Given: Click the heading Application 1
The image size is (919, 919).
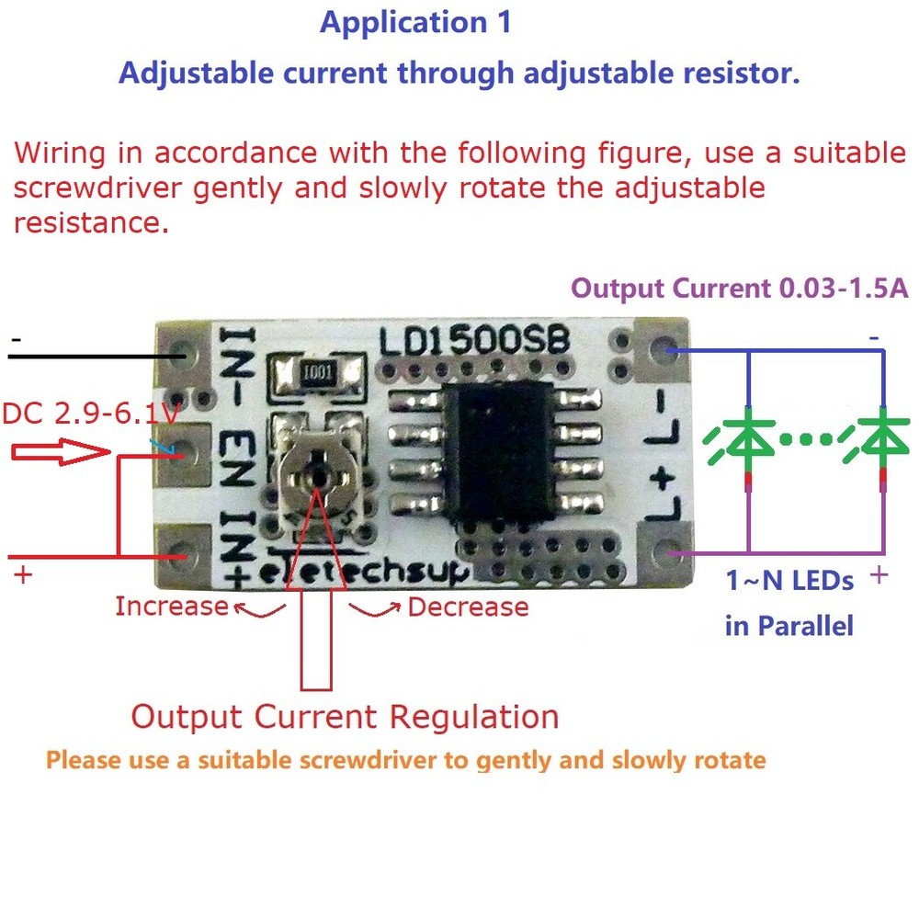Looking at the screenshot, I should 415,23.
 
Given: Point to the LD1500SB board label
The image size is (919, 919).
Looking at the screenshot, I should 474,342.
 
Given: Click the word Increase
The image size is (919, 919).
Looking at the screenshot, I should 172,607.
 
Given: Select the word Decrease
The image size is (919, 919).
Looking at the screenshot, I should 468,607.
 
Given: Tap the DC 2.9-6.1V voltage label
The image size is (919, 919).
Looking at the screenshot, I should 89,414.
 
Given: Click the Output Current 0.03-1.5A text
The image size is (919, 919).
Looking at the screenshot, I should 740,289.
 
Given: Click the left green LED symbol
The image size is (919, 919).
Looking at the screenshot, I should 750,439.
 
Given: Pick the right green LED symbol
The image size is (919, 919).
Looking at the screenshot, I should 881,439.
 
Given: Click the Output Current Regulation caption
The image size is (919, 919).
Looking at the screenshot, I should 345,717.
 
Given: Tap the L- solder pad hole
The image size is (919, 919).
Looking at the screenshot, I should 664,351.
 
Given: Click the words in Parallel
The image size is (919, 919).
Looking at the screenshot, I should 789,627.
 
